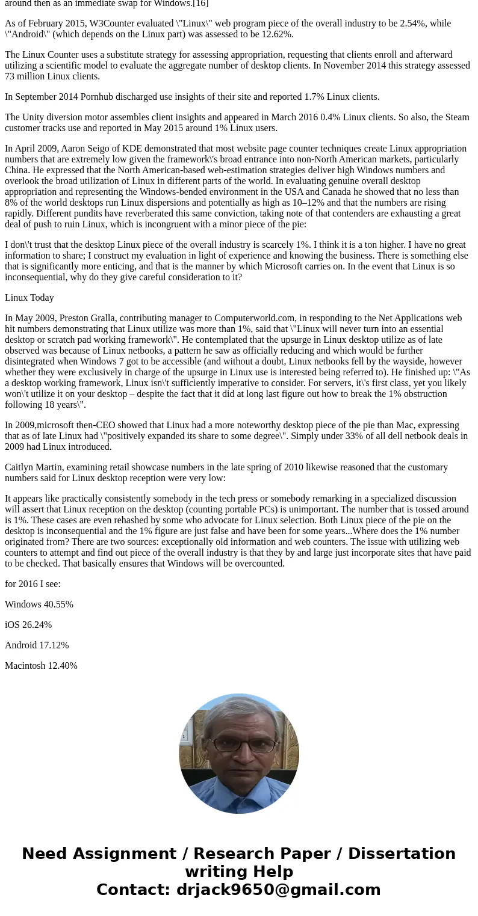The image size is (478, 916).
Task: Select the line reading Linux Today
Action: (x=29, y=298)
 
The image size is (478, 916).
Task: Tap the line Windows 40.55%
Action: (x=39, y=604)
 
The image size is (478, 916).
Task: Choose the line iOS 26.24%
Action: (x=28, y=625)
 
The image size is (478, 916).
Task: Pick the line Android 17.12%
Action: (x=37, y=645)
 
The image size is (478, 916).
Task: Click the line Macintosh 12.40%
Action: (x=41, y=666)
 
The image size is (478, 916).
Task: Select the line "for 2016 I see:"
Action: (x=33, y=584)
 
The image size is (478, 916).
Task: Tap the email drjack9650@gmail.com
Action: (x=278, y=890)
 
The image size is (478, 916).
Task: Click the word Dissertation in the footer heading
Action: (x=402, y=853)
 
